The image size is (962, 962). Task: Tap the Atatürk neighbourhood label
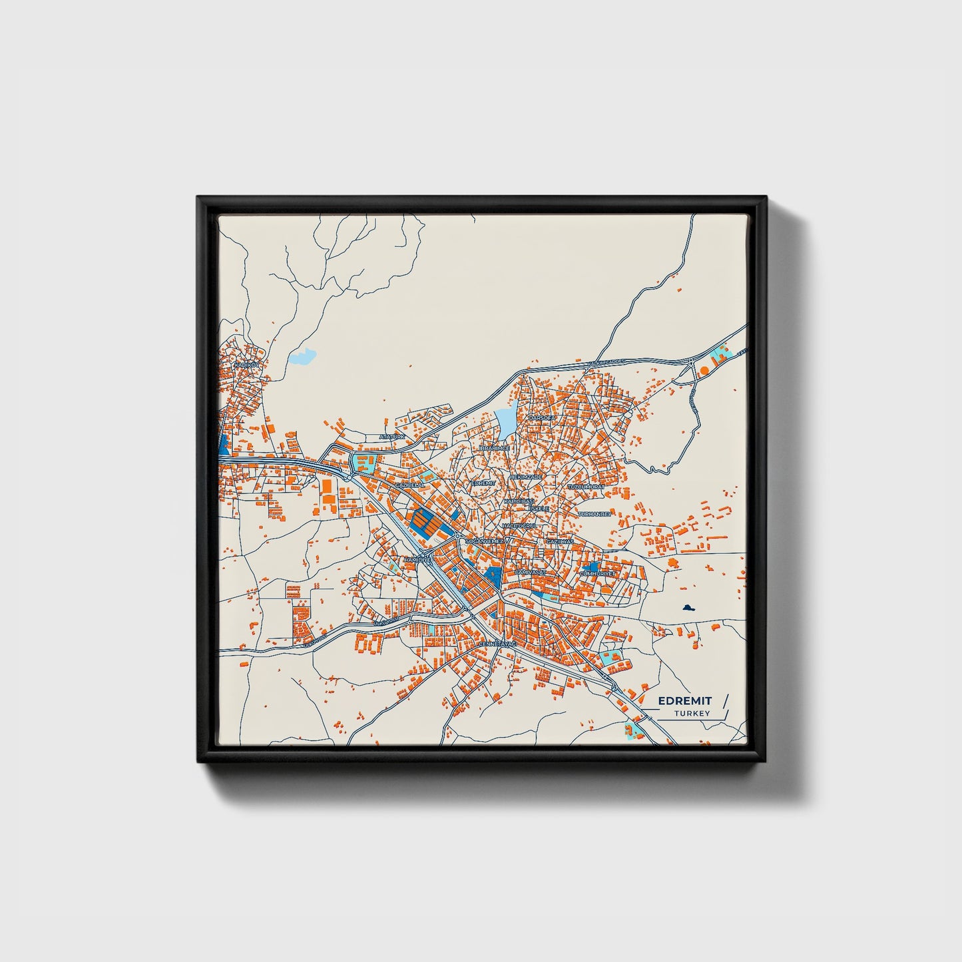pos(392,437)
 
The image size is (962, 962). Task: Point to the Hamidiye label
pos(417,561)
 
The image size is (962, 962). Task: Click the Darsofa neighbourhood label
pos(541,417)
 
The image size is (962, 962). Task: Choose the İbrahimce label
pos(495,448)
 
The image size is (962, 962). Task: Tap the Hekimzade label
pos(527,477)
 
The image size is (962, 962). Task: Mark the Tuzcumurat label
pos(586,487)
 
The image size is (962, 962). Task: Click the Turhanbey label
pos(595,514)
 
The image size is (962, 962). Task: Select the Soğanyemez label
pos(485,541)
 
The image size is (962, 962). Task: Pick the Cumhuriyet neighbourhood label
pos(598,573)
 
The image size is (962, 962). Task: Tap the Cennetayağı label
pos(498,644)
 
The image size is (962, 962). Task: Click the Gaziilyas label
pos(559,542)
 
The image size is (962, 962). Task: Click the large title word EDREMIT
pos(684,700)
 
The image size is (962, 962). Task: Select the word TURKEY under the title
pos(692,714)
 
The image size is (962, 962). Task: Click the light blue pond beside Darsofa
pos(505,421)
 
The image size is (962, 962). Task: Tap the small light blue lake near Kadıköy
pos(302,358)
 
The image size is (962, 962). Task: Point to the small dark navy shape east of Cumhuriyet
pos(688,607)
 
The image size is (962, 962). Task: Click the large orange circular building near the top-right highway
pos(704,369)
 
